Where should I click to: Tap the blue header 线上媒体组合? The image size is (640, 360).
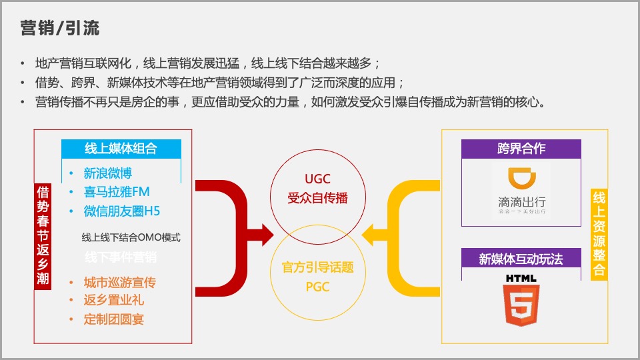point(121,149)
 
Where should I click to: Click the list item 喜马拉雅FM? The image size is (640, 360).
point(116,193)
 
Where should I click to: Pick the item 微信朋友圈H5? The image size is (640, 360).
point(121,211)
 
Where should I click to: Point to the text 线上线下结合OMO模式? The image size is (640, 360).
point(131,237)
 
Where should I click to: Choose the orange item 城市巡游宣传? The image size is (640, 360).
point(120,283)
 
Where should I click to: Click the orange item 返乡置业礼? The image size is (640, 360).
point(113,301)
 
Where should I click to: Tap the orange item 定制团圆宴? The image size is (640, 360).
point(113,319)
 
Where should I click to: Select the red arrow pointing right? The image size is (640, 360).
point(233,220)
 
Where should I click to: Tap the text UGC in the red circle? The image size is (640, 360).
point(317,179)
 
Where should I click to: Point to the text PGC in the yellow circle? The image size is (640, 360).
point(317,287)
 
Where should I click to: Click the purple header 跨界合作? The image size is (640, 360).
point(521,149)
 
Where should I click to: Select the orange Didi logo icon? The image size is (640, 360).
point(521,179)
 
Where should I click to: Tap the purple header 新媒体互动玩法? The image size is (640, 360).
point(521,259)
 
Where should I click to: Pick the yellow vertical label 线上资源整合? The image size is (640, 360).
point(599,234)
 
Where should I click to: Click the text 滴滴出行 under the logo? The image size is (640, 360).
point(521,201)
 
